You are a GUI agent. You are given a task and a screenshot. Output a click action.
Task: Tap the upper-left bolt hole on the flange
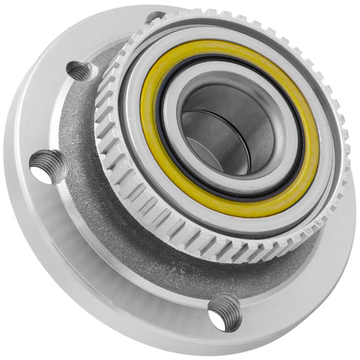click(81, 71)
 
